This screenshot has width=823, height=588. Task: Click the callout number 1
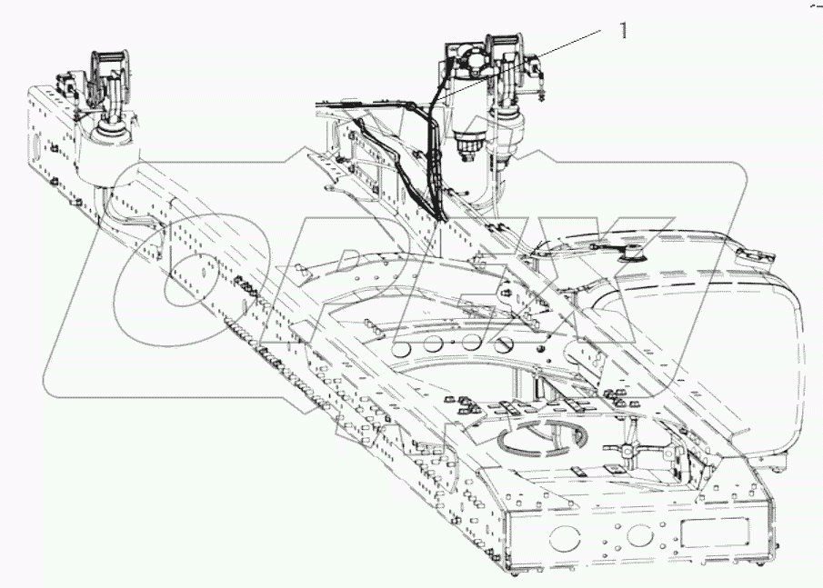[623, 31]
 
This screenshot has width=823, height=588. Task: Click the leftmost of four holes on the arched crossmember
[400, 349]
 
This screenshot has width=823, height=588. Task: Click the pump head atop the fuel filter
[472, 64]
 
